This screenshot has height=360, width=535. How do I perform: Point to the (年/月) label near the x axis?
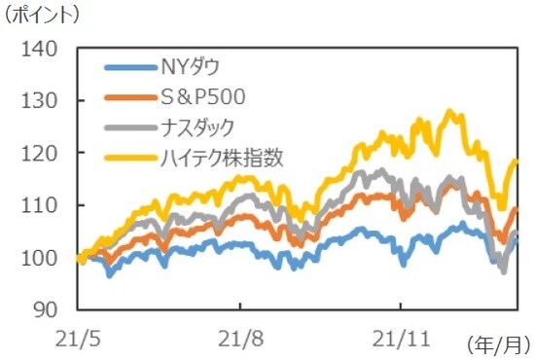tap(499, 343)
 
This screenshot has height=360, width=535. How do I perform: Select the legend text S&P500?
tap(201, 96)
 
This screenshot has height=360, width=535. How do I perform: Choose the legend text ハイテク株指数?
tap(221, 156)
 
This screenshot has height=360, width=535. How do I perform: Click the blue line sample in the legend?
tap(127, 67)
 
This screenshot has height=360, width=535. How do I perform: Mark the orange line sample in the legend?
tap(127, 96)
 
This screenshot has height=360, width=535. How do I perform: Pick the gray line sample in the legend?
tap(127, 126)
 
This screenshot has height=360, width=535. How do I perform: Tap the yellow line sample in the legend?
tap(127, 156)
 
